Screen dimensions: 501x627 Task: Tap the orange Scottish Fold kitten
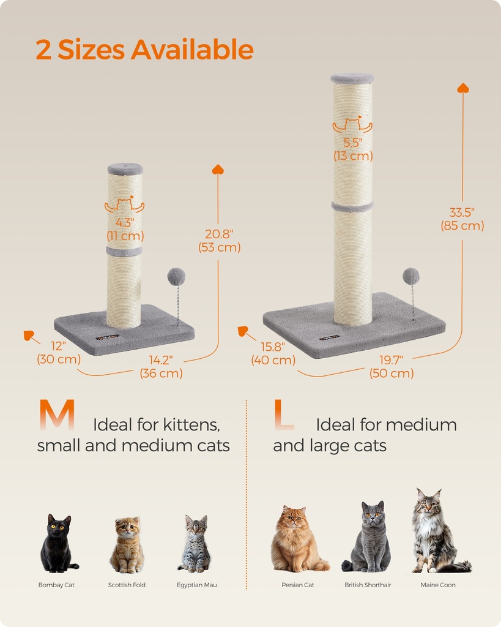[x=127, y=545]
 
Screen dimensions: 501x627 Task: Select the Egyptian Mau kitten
[x=195, y=544]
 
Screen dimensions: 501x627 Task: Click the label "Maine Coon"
[x=438, y=585]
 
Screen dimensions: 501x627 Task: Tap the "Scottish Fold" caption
[x=127, y=585]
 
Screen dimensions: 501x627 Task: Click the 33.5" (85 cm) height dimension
[x=462, y=219]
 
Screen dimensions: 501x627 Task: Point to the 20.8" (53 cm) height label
[x=220, y=240]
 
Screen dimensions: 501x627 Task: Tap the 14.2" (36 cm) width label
[x=161, y=366]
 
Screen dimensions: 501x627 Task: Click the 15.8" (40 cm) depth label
[x=273, y=353]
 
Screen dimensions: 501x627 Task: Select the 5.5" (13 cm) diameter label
[x=353, y=149]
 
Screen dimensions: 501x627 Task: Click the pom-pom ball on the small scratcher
[x=176, y=277]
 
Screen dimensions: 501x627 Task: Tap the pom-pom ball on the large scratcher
[x=411, y=276]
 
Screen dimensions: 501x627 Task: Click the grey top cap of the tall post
[x=352, y=78]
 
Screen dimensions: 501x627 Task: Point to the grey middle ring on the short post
[x=124, y=251]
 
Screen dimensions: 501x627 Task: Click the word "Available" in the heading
[x=192, y=50]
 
